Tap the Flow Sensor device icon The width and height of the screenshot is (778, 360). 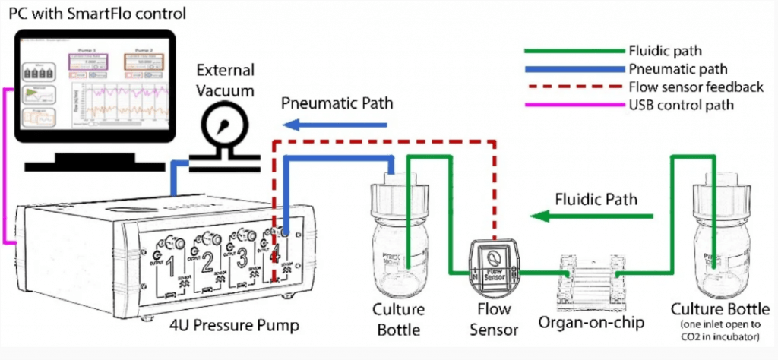(495, 264)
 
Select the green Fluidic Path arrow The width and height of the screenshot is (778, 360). (592, 218)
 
